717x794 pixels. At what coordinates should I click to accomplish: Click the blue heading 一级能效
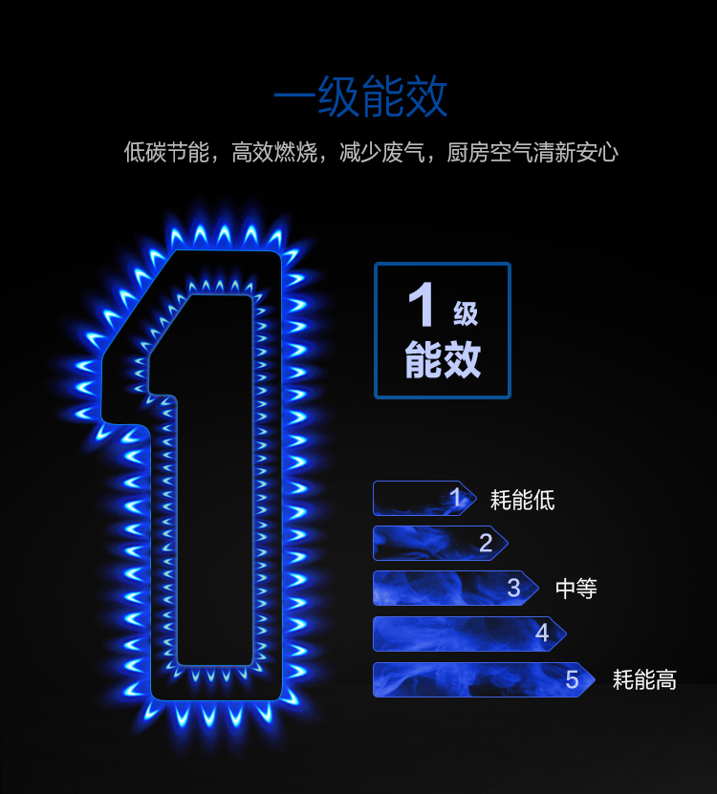[x=359, y=97]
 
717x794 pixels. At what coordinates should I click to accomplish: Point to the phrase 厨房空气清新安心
[x=532, y=152]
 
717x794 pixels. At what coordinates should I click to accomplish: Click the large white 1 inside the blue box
[x=422, y=307]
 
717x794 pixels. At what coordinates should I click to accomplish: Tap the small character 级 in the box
[x=466, y=312]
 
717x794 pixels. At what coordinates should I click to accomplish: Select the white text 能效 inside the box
[x=443, y=360]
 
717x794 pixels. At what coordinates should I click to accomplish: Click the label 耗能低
[x=522, y=500]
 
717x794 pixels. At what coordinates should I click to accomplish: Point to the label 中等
[x=576, y=589]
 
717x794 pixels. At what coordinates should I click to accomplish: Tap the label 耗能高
[x=644, y=680]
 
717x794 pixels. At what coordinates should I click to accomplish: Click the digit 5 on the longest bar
[x=572, y=680]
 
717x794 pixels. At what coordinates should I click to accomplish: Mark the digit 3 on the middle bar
[x=513, y=589]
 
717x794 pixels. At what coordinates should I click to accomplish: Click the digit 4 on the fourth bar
[x=542, y=633]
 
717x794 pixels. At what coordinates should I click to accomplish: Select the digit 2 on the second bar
[x=486, y=544]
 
